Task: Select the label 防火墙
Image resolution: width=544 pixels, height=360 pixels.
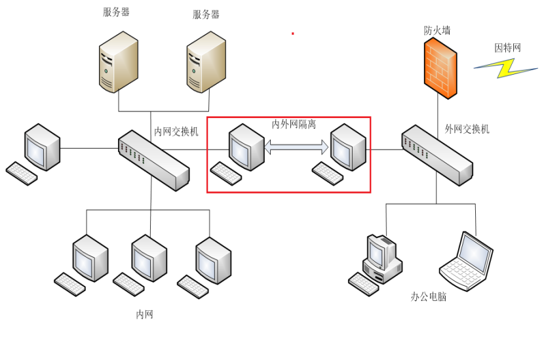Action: [x=437, y=31]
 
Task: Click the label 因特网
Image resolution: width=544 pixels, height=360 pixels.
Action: [x=507, y=48]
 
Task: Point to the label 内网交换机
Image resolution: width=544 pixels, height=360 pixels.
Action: [x=176, y=131]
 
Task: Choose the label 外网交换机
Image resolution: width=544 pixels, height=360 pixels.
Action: [x=467, y=129]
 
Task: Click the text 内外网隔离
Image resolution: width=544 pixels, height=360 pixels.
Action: [x=294, y=124]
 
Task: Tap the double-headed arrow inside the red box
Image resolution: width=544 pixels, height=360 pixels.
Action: [x=296, y=148]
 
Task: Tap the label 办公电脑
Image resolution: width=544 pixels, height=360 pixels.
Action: [x=429, y=297]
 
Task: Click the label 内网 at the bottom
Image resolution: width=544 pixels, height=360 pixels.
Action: [x=145, y=315]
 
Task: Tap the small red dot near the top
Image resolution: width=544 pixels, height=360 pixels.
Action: [x=293, y=33]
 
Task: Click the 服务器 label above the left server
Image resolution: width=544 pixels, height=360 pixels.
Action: [x=116, y=12]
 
